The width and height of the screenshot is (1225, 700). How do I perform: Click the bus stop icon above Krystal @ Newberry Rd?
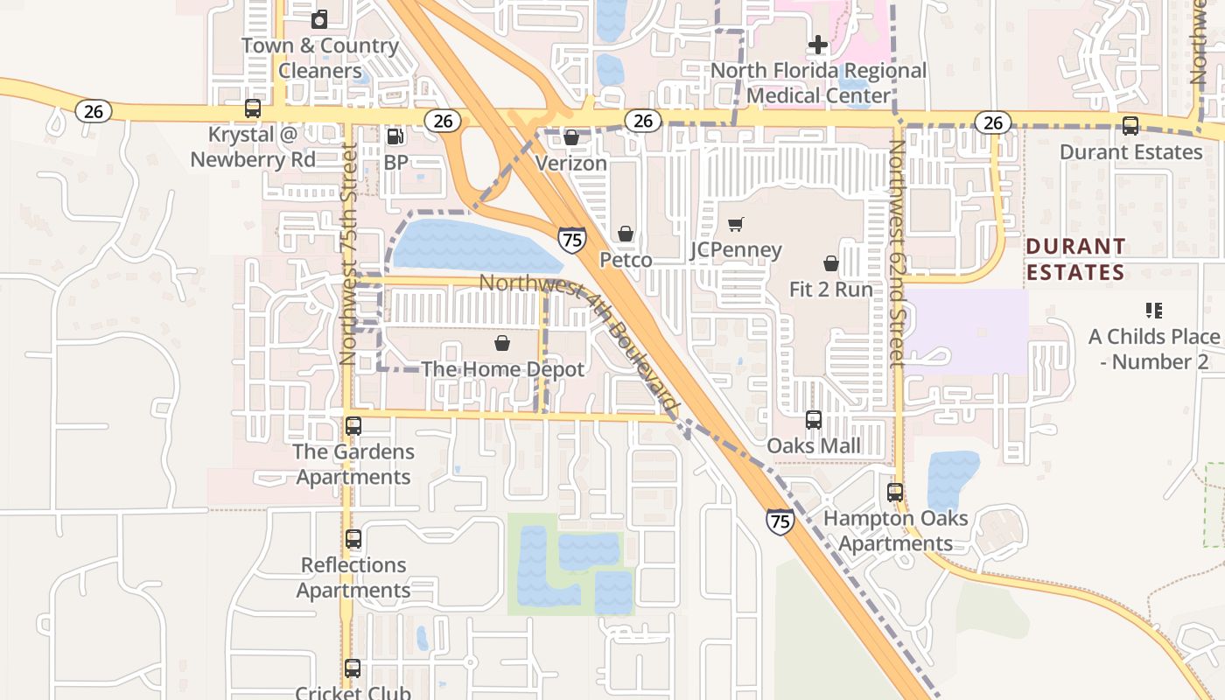click(x=253, y=108)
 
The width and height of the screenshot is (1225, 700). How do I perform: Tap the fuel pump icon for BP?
click(x=395, y=136)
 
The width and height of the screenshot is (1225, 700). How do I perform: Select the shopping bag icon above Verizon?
click(x=571, y=137)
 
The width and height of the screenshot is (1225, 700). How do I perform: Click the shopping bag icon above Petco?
click(x=626, y=234)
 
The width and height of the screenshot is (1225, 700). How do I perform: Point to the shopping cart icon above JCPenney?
click(x=736, y=225)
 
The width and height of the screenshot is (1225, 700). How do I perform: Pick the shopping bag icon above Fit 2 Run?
click(x=830, y=263)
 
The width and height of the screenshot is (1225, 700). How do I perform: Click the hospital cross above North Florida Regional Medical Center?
click(x=818, y=44)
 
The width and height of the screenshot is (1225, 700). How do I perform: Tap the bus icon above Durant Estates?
click(x=1130, y=126)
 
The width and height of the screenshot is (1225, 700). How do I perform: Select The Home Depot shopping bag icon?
click(x=502, y=343)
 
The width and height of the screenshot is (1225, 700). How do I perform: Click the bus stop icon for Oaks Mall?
click(x=814, y=420)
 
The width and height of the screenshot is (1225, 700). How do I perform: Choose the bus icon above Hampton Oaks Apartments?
click(x=895, y=493)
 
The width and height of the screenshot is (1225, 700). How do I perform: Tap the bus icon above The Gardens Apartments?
click(x=353, y=426)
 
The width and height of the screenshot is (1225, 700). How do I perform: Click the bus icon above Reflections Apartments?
click(x=353, y=539)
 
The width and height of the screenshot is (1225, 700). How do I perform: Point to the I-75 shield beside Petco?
click(x=572, y=240)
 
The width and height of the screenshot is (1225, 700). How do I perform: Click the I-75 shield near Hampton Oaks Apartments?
click(x=780, y=521)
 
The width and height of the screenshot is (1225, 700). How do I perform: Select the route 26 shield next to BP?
click(x=443, y=121)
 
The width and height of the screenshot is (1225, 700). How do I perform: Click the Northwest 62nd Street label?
click(x=897, y=254)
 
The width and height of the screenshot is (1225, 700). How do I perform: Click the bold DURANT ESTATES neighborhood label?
click(x=1076, y=260)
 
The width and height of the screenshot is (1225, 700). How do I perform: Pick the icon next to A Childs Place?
click(x=1153, y=311)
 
